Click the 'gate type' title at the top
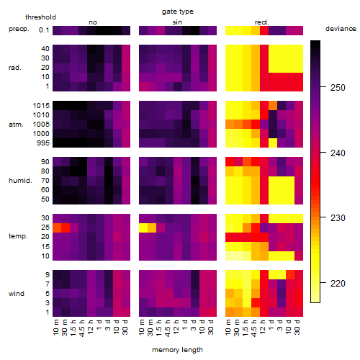pyautogui.click(x=178, y=12)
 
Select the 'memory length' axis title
pyautogui.click(x=177, y=350)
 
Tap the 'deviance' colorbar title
pyautogui.click(x=341, y=29)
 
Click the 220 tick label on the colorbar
pyautogui.click(x=338, y=284)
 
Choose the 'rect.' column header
pyautogui.click(x=261, y=22)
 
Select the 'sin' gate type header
pyautogui.click(x=177, y=22)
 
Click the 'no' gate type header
pyautogui.click(x=93, y=22)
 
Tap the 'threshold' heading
pyautogui.click(x=40, y=17)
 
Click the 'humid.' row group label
pyautogui.click(x=20, y=181)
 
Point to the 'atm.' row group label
pyautogui.click(x=16, y=125)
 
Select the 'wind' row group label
pyautogui.click(x=17, y=294)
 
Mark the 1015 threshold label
pyautogui.click(x=41, y=106)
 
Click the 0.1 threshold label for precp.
pyautogui.click(x=44, y=30)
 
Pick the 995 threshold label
pyautogui.click(x=43, y=143)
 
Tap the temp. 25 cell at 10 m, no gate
pyautogui.click(x=57, y=228)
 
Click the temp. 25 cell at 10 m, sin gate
pyautogui.click(x=143, y=228)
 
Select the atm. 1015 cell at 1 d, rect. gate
pyautogui.click(x=273, y=106)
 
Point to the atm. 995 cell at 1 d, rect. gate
pyautogui.click(x=273, y=143)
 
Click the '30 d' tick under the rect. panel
pyautogui.click(x=297, y=327)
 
